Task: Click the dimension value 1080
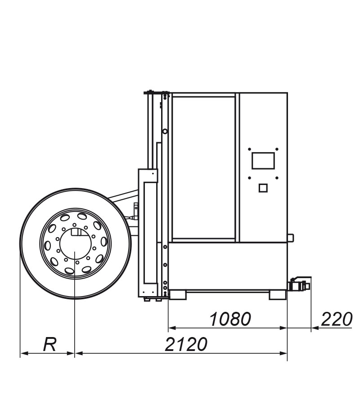pos(230,319)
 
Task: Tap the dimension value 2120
pos(186,344)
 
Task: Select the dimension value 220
pos(337,319)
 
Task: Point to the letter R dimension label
pos(49,345)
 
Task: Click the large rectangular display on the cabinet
pos(263,161)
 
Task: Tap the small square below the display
pos(263,188)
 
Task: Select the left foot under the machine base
pos(178,295)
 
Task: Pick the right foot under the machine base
pos(278,295)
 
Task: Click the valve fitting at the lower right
pos(300,285)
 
